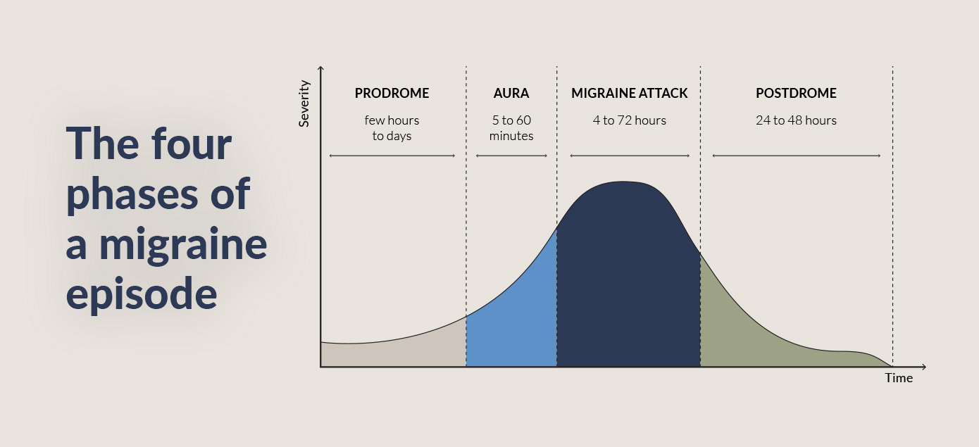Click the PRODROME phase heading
(x=392, y=94)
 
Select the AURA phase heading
(x=511, y=94)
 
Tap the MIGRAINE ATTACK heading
(x=629, y=94)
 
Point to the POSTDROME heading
(x=796, y=94)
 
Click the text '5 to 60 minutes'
(x=511, y=128)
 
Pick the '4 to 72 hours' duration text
(x=629, y=120)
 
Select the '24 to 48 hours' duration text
(x=796, y=120)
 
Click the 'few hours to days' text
(x=392, y=128)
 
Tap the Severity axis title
(x=304, y=103)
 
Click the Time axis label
(x=899, y=379)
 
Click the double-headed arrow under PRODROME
(x=392, y=156)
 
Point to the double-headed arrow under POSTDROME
(x=796, y=156)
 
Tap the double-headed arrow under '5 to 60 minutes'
(x=511, y=156)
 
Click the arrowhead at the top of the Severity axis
(x=321, y=68)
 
